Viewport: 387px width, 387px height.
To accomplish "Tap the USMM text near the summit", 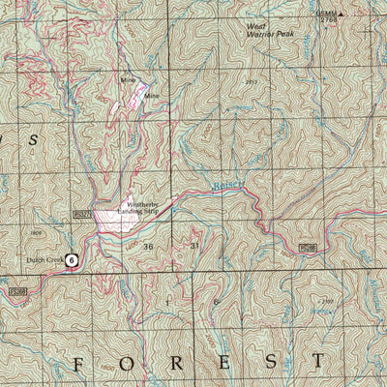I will pos(302,12).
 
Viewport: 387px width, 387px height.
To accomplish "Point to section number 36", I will pos(148,248).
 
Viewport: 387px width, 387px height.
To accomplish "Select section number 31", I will pos(193,247).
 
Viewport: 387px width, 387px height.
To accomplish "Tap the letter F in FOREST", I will pos(80,363).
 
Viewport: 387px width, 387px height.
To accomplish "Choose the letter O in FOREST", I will pos(128,363).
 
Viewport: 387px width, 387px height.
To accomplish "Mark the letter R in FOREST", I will pos(177,363).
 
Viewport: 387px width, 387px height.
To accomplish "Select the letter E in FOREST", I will pos(224,363).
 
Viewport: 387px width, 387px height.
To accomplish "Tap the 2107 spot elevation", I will pos(329,302).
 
